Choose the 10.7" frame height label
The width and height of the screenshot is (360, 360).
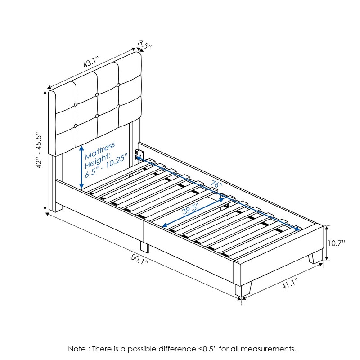336,243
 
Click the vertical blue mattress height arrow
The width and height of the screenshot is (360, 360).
81,167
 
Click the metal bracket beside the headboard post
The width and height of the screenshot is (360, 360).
139,153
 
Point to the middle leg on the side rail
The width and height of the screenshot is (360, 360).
144,246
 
